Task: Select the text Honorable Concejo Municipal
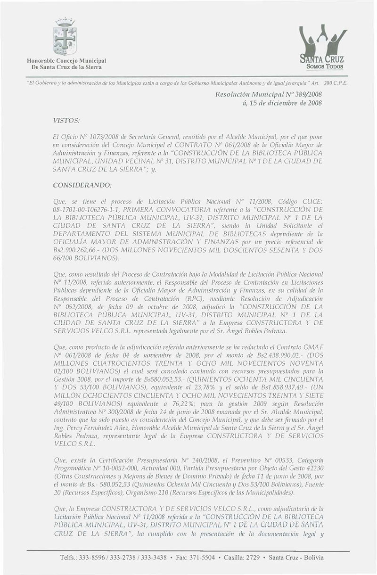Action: [65, 61]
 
